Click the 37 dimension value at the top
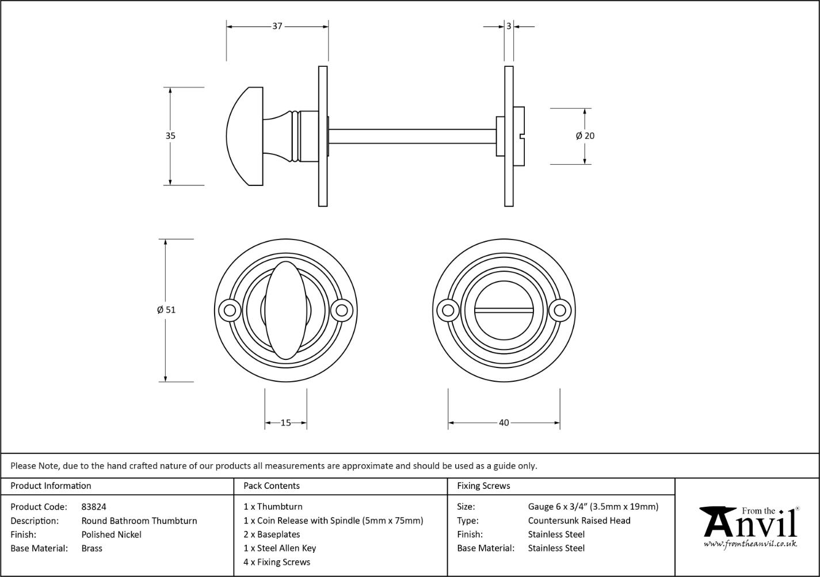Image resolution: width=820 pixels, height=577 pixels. pos(277,26)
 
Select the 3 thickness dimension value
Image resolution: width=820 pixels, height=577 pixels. pos(509,26)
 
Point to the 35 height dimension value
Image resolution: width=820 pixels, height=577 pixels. pos(170,136)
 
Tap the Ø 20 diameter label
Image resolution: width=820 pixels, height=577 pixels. pos(585,136)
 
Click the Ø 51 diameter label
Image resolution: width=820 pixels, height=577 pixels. pos(166,310)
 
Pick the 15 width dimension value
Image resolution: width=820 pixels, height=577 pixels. pos(285,423)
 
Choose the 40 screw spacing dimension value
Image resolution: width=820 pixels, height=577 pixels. pos(504,423)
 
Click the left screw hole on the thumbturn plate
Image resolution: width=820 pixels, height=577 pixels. pos(230,310)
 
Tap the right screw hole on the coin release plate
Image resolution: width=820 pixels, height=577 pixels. pos(560,310)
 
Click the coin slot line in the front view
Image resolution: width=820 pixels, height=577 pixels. pos(504,310)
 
